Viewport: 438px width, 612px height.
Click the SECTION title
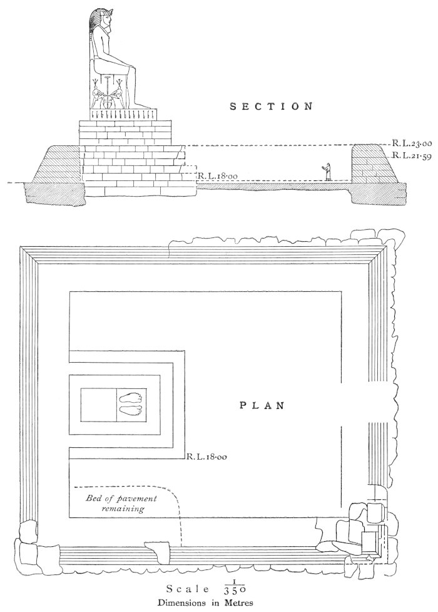click(x=271, y=106)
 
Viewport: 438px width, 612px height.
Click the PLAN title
click(x=262, y=405)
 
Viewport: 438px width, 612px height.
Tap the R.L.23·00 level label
click(x=406, y=143)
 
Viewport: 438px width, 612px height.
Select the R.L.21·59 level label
click(x=406, y=155)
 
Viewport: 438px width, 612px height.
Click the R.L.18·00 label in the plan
click(x=206, y=457)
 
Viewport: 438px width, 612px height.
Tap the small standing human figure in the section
click(x=326, y=172)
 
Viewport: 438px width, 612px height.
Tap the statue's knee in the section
click(x=129, y=67)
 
